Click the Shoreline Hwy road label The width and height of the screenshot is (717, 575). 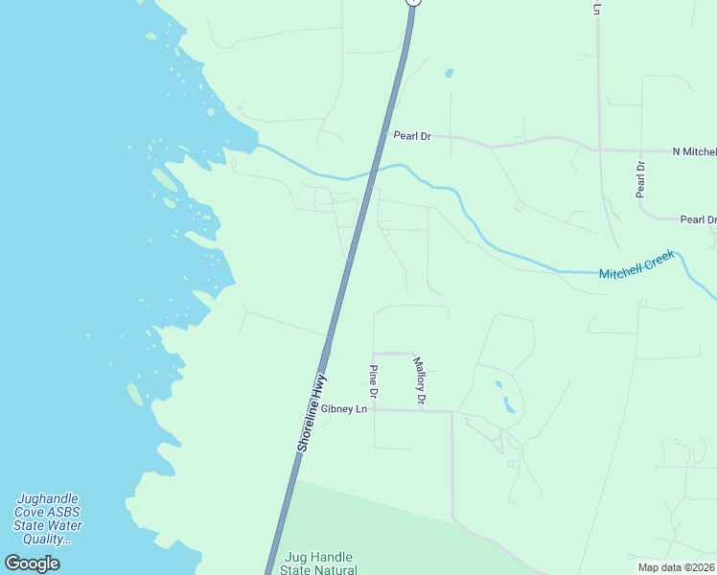[x=312, y=412]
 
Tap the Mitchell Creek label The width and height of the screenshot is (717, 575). [x=637, y=266]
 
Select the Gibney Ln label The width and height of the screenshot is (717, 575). [x=344, y=409]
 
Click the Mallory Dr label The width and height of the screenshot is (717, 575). [x=419, y=379]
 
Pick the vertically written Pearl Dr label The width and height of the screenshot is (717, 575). [x=640, y=179]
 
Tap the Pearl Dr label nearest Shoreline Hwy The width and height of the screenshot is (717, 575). [x=412, y=136]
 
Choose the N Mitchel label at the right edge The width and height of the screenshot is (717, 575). [x=694, y=151]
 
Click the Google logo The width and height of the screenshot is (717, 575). [x=32, y=563]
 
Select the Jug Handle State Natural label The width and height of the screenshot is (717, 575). [x=318, y=563]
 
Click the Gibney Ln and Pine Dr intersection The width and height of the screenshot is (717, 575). [x=374, y=409]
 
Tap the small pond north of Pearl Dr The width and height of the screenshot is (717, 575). [x=449, y=72]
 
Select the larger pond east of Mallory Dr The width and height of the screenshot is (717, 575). [x=509, y=405]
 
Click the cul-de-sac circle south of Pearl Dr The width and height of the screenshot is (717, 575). [x=519, y=206]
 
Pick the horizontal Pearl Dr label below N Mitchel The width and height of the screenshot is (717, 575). [x=698, y=219]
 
